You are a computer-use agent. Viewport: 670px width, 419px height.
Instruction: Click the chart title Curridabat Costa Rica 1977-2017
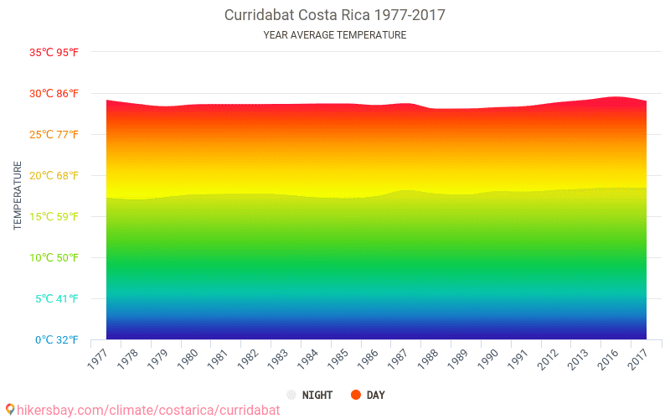(335, 15)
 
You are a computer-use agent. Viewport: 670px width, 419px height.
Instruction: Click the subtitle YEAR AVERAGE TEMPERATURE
(335, 35)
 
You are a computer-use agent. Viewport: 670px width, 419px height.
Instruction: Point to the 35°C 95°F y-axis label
(54, 53)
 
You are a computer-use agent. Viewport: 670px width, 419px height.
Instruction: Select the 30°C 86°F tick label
(54, 94)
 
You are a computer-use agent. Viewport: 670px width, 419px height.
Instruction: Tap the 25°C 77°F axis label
(54, 135)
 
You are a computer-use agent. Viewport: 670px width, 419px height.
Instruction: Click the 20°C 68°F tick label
(54, 176)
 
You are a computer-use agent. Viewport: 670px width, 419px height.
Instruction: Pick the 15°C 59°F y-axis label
(54, 217)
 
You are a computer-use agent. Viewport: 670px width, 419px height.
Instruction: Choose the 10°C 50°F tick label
(54, 258)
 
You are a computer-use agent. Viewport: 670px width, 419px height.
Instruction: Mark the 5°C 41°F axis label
(57, 299)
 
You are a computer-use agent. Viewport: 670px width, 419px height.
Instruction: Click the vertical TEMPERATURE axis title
(18, 195)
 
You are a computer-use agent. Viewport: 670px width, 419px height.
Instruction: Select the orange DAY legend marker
(355, 395)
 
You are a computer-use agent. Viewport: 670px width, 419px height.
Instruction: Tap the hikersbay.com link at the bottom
(148, 410)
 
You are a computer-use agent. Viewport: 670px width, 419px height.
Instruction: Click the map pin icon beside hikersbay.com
(10, 410)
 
